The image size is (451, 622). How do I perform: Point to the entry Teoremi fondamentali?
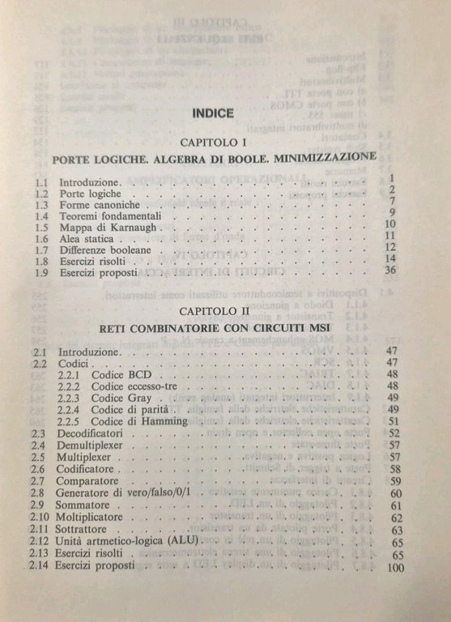[107, 216]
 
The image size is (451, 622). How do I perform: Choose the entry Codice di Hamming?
[143, 422]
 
